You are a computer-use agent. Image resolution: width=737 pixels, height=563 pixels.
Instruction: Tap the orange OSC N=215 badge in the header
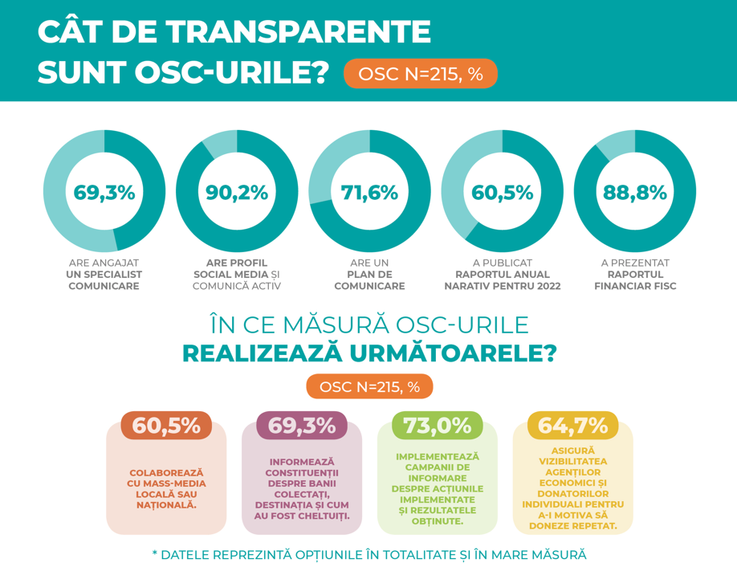[x=420, y=74]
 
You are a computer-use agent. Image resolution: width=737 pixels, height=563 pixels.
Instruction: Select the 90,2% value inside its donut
[x=237, y=193]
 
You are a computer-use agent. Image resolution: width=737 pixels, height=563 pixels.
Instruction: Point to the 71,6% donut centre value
[x=369, y=193]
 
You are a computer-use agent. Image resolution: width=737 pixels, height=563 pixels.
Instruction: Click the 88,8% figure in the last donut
[x=634, y=193]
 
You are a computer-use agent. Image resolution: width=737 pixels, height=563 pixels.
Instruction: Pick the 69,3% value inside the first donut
[x=104, y=193]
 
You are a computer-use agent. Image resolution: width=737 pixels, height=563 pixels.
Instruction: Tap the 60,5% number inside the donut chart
[x=502, y=193]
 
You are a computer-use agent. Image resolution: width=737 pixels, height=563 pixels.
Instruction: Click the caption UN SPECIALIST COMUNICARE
[x=104, y=279]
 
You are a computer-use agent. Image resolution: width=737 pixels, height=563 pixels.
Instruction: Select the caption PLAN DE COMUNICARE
[x=369, y=279]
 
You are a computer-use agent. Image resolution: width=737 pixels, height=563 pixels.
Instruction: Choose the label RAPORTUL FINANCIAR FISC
[x=634, y=279]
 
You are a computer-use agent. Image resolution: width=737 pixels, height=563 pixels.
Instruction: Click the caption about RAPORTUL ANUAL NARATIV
[x=502, y=279]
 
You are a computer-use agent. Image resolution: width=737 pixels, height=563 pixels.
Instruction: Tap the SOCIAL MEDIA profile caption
[x=237, y=274]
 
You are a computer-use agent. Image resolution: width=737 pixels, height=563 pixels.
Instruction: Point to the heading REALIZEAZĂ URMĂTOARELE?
[x=369, y=353]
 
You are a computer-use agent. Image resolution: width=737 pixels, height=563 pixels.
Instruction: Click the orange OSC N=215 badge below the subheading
[x=369, y=386]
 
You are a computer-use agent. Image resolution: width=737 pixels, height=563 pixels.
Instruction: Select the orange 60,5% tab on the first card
[x=166, y=426]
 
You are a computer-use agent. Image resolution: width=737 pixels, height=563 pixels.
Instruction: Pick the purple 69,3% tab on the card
[x=302, y=426]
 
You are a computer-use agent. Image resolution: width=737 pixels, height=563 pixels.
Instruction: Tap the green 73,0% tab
[x=437, y=426]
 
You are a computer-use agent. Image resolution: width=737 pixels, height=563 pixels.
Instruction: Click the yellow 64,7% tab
[x=572, y=426]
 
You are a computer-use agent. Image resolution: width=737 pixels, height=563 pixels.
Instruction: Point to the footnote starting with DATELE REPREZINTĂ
[x=369, y=555]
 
